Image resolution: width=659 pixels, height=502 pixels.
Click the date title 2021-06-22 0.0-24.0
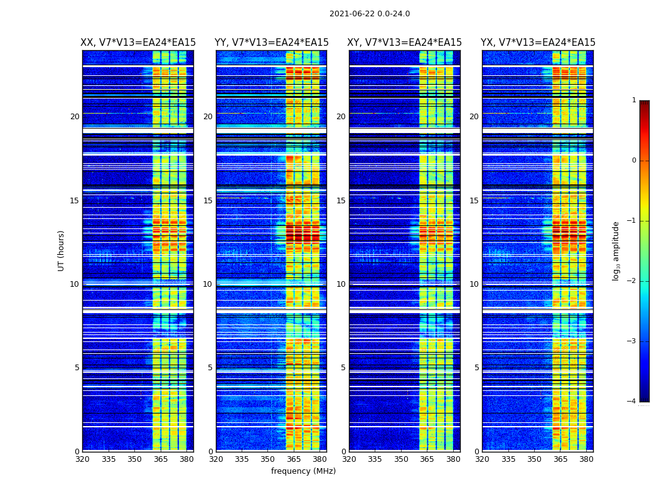click(369, 14)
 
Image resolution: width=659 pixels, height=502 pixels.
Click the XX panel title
click(138, 43)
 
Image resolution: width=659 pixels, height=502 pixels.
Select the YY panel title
click(271, 43)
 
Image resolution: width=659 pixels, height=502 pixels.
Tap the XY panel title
click(405, 43)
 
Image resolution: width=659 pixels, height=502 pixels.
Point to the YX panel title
click(538, 43)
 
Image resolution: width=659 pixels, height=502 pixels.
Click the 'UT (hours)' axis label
click(62, 250)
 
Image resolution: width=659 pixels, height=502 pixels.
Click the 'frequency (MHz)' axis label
click(303, 471)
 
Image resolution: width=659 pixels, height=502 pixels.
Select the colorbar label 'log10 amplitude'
click(616, 250)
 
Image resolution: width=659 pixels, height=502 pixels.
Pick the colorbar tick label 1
click(634, 100)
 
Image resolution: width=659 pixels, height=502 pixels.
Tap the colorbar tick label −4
click(632, 402)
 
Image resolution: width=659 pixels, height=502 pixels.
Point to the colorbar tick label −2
click(632, 281)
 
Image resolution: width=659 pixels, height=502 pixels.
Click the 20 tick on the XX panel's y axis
click(75, 117)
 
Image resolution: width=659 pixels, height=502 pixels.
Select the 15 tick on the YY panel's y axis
click(208, 201)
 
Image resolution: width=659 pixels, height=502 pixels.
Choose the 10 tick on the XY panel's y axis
click(341, 284)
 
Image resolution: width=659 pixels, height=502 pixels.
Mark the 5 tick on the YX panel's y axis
click(476, 368)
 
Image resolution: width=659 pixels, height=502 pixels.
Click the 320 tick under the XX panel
click(82, 459)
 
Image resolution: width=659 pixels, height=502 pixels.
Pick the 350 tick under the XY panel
click(401, 459)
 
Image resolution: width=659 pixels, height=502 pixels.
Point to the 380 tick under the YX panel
click(586, 459)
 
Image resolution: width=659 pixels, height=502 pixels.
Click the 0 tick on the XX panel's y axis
click(77, 452)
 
